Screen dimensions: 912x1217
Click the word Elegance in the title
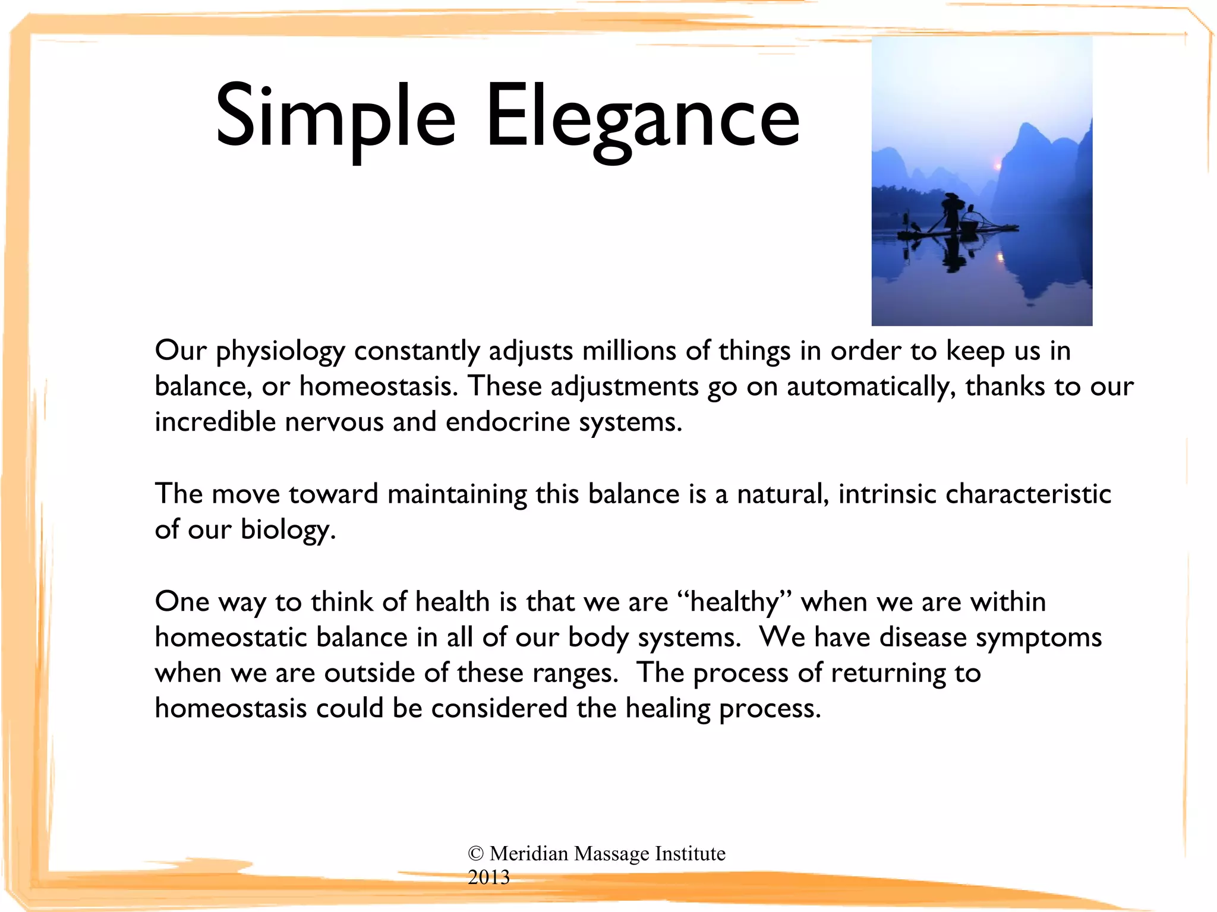click(x=643, y=116)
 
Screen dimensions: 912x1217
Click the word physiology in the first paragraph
click(x=280, y=352)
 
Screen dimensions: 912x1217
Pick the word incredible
click(x=215, y=422)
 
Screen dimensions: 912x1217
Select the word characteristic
click(x=1028, y=494)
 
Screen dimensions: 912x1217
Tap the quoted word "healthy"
click(x=735, y=602)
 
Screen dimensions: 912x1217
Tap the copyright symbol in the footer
click(x=475, y=854)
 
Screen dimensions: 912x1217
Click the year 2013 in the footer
click(x=488, y=878)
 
